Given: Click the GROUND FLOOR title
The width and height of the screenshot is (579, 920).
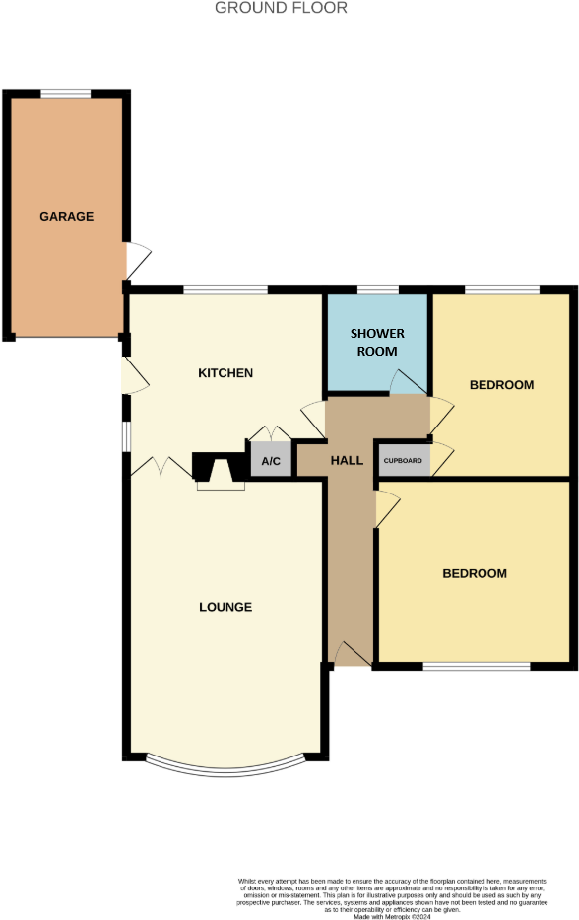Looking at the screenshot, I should (281, 8).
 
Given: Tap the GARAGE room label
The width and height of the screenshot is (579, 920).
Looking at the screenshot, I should (66, 216).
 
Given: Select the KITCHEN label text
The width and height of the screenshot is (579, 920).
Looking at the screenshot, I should (225, 373).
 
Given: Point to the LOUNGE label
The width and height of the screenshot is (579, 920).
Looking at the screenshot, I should (225, 607).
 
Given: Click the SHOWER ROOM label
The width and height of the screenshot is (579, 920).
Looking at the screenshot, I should (377, 342).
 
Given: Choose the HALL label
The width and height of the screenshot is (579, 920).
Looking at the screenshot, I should (347, 460).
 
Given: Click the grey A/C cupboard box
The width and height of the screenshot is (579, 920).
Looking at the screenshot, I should (271, 461).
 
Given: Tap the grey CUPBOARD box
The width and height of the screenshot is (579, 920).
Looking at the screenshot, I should (403, 461).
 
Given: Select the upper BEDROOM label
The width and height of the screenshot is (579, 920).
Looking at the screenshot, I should (501, 385).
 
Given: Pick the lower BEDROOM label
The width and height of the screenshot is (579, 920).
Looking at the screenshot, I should (475, 573).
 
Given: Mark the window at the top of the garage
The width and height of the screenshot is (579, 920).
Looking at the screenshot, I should (66, 94).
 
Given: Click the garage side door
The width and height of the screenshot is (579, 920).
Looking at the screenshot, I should (138, 260).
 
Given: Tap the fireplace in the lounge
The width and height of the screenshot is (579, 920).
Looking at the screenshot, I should (219, 471).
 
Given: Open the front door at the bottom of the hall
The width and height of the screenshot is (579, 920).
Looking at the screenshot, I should (352, 654).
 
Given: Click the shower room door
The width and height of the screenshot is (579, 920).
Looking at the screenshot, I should (406, 382).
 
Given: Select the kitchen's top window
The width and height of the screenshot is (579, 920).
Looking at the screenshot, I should (225, 289).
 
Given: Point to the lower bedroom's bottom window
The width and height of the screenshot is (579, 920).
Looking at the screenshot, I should (477, 667).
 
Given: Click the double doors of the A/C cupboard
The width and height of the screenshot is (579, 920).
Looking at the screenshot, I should (269, 434).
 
